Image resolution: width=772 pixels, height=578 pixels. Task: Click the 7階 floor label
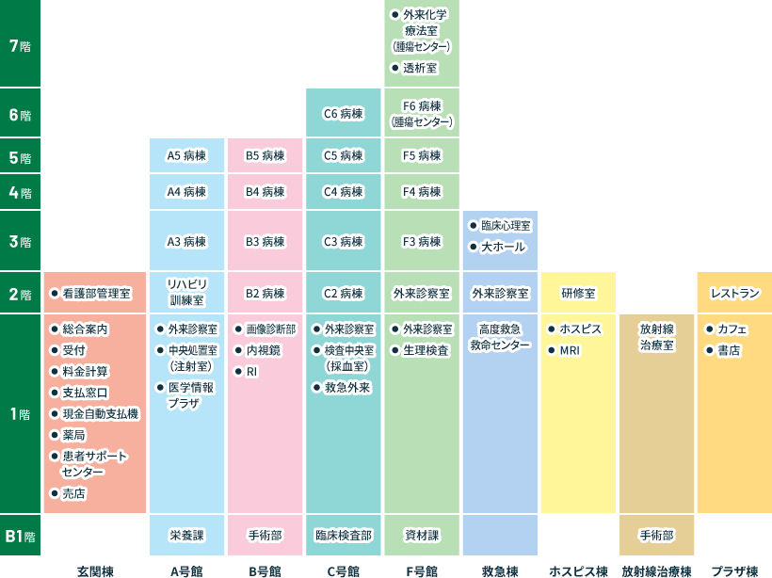coord(20,46)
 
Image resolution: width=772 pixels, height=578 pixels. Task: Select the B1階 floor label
coord(20,536)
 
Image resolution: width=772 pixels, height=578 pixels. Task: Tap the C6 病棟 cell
coord(343,114)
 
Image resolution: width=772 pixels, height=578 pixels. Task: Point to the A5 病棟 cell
coord(186,155)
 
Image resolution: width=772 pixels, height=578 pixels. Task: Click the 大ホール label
coord(503,247)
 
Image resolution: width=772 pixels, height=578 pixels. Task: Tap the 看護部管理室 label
coord(97,294)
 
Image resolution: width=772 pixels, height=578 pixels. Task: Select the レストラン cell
coord(734,294)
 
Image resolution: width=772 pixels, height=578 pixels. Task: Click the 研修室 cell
coord(578,294)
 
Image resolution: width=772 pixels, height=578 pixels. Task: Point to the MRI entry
coord(570,350)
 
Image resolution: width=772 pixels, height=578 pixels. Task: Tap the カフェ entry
coord(732,329)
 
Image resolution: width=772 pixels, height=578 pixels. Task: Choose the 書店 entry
coord(729,350)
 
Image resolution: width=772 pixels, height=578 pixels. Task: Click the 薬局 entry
coord(73,434)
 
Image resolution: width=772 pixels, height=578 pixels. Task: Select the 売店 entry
coord(73,493)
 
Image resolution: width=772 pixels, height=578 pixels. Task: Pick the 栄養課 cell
coord(186,535)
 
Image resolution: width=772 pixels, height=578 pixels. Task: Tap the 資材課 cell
coord(421,535)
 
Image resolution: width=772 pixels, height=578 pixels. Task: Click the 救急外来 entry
coord(347,387)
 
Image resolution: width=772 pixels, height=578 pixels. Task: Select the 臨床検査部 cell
coord(343,535)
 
